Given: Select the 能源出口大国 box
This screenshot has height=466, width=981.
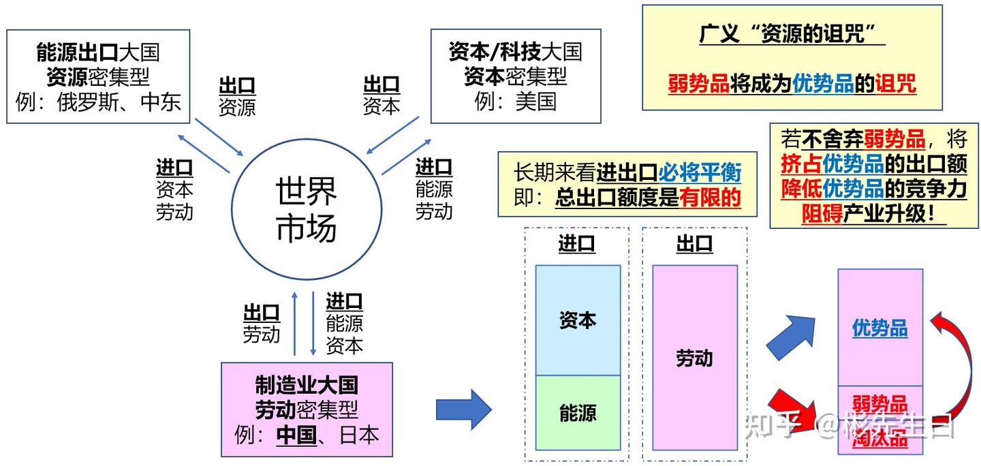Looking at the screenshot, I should (x=98, y=76).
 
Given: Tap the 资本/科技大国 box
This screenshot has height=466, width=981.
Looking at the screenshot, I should (x=515, y=76).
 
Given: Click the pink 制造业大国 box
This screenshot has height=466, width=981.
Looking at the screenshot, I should (x=307, y=409).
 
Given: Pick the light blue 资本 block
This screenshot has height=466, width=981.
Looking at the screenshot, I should (x=578, y=320).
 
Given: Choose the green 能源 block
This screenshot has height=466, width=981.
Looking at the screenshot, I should (x=578, y=413).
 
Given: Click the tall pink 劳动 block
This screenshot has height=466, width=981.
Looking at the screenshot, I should (x=695, y=358).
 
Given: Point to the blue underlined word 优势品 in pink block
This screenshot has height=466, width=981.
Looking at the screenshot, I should (x=879, y=328).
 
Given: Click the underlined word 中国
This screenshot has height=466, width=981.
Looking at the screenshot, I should (x=296, y=434).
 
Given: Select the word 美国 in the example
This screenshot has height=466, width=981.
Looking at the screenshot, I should (x=535, y=102).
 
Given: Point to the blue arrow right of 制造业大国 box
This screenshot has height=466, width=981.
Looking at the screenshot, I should (x=463, y=409).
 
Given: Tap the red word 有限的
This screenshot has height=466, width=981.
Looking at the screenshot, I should (x=711, y=198).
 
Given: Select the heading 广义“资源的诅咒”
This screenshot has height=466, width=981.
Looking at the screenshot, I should (x=792, y=33).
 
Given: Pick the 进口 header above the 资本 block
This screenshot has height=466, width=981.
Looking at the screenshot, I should (x=576, y=244).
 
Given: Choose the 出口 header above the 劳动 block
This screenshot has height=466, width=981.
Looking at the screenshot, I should (x=694, y=244).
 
